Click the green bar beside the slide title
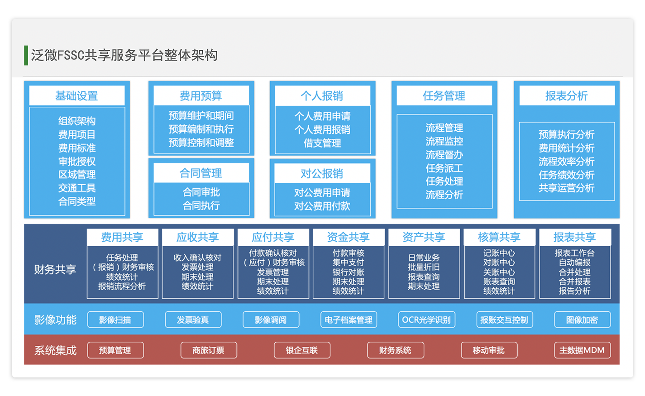point(26,55)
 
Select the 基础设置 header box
point(77,95)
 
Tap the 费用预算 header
point(201,95)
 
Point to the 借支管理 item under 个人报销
point(322,143)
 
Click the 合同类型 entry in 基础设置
point(77,201)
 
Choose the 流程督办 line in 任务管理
point(444,155)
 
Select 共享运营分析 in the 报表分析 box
point(566,188)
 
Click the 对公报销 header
point(322,173)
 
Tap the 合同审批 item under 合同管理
point(201,192)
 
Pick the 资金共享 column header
point(349,237)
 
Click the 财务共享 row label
point(55,270)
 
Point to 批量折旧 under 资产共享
point(424,267)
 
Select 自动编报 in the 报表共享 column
point(574,262)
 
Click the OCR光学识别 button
point(426,320)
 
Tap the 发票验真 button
point(193,320)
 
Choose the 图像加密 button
point(582,320)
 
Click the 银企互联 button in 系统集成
point(302,350)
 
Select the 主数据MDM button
point(582,350)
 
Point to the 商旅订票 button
point(209,350)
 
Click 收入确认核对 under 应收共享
point(197,258)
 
